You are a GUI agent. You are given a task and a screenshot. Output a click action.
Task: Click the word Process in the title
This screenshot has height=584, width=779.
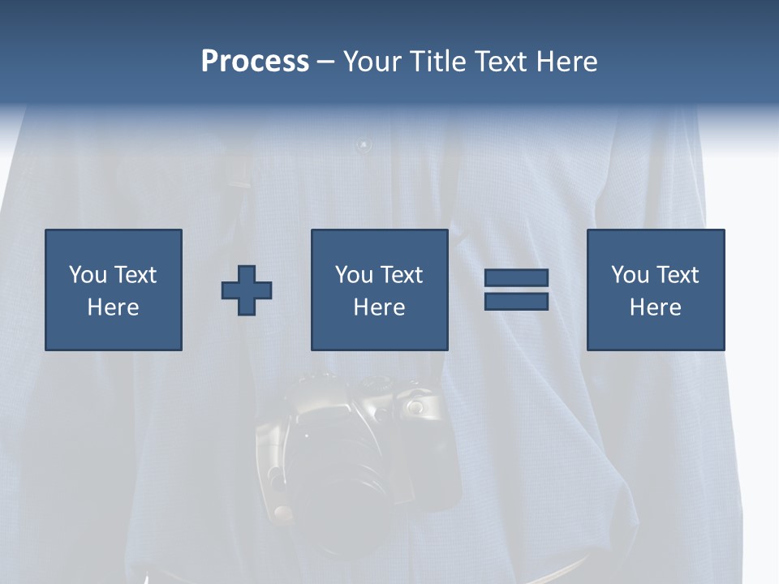(x=255, y=62)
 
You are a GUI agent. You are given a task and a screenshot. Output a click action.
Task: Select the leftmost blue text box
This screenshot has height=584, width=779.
(x=113, y=290)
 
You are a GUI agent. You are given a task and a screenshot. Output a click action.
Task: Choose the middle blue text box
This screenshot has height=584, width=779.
(x=379, y=290)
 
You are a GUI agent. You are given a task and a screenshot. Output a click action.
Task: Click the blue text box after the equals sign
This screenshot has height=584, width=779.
(x=655, y=290)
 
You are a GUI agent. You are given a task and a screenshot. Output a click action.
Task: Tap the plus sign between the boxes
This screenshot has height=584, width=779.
(x=247, y=290)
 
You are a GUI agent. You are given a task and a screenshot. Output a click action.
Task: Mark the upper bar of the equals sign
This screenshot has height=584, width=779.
(x=516, y=277)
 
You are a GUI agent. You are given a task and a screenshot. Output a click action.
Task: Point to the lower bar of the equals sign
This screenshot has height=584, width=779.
(x=516, y=301)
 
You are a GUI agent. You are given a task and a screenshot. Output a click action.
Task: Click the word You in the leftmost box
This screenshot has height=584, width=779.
(x=87, y=275)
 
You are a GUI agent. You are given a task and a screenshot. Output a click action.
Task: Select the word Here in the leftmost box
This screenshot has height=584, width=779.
(x=113, y=307)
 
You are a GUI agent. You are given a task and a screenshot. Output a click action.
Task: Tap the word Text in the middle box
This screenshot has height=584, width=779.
(x=401, y=275)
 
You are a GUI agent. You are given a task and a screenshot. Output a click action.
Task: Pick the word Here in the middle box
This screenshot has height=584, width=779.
(x=379, y=307)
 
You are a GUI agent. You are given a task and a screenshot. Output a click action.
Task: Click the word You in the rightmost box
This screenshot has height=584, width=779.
(x=630, y=275)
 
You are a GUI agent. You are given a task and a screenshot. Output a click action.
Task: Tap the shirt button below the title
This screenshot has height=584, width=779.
(x=363, y=146)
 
